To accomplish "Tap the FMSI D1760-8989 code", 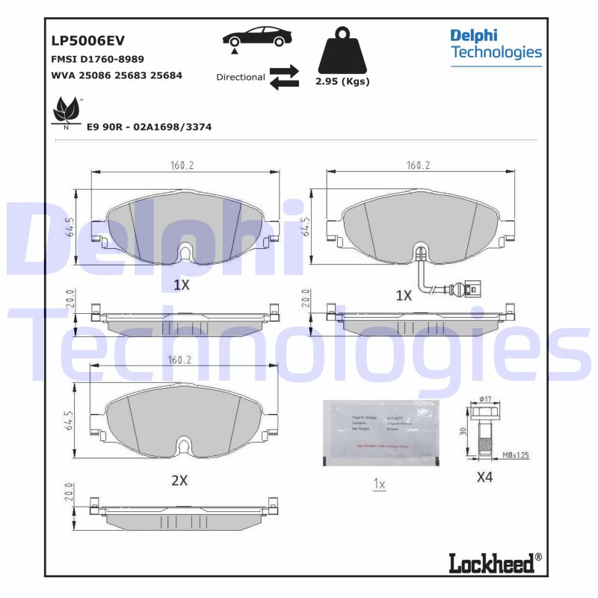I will tap(97, 58).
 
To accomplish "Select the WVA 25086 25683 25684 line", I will tap(117, 75).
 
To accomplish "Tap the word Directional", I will tap(240, 77).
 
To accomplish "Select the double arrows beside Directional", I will tap(284, 77).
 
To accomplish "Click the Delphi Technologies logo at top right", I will tap(496, 44).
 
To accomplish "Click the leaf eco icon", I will tap(67, 111).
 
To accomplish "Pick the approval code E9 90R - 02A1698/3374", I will tap(149, 127).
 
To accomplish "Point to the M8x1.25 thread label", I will tap(516, 454).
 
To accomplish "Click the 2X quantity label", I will tap(179, 481).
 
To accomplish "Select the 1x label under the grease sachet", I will tap(379, 484).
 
